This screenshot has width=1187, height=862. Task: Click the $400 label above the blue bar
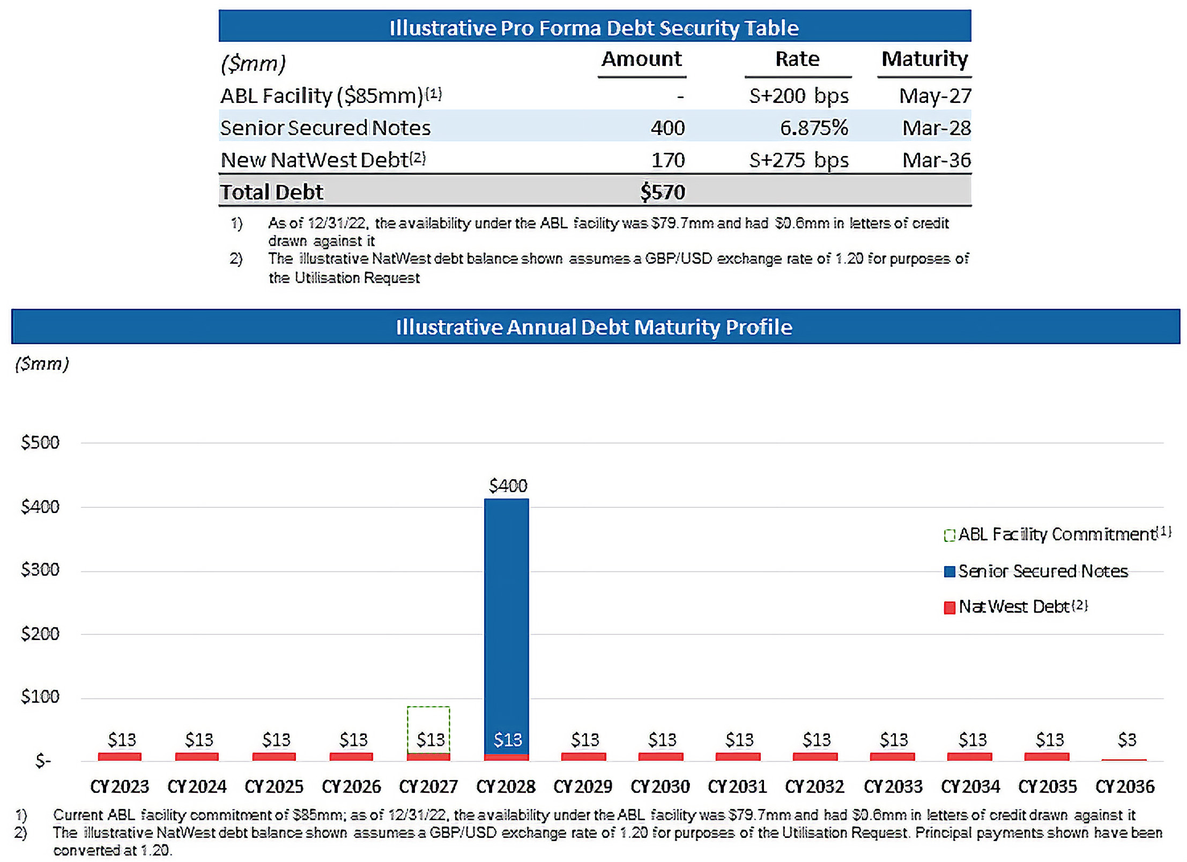(508, 486)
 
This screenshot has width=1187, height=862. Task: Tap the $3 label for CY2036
(1126, 740)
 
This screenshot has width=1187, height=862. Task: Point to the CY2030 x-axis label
(660, 786)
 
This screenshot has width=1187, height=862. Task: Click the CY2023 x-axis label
(120, 786)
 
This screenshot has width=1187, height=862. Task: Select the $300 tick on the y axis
(40, 569)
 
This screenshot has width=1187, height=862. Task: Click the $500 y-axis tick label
(40, 442)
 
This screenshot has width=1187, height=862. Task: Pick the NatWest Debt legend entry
(1015, 607)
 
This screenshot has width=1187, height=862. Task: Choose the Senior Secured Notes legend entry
(1036, 571)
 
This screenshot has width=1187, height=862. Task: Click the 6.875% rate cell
(813, 128)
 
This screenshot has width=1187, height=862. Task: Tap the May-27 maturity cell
(935, 96)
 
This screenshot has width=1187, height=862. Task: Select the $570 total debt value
(663, 192)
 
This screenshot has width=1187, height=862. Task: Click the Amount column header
(641, 59)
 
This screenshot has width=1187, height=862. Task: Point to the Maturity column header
(924, 59)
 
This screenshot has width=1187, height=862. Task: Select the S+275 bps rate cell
(798, 160)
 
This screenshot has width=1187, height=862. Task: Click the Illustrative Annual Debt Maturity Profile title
(594, 327)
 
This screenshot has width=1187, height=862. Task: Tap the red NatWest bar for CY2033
(892, 756)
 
